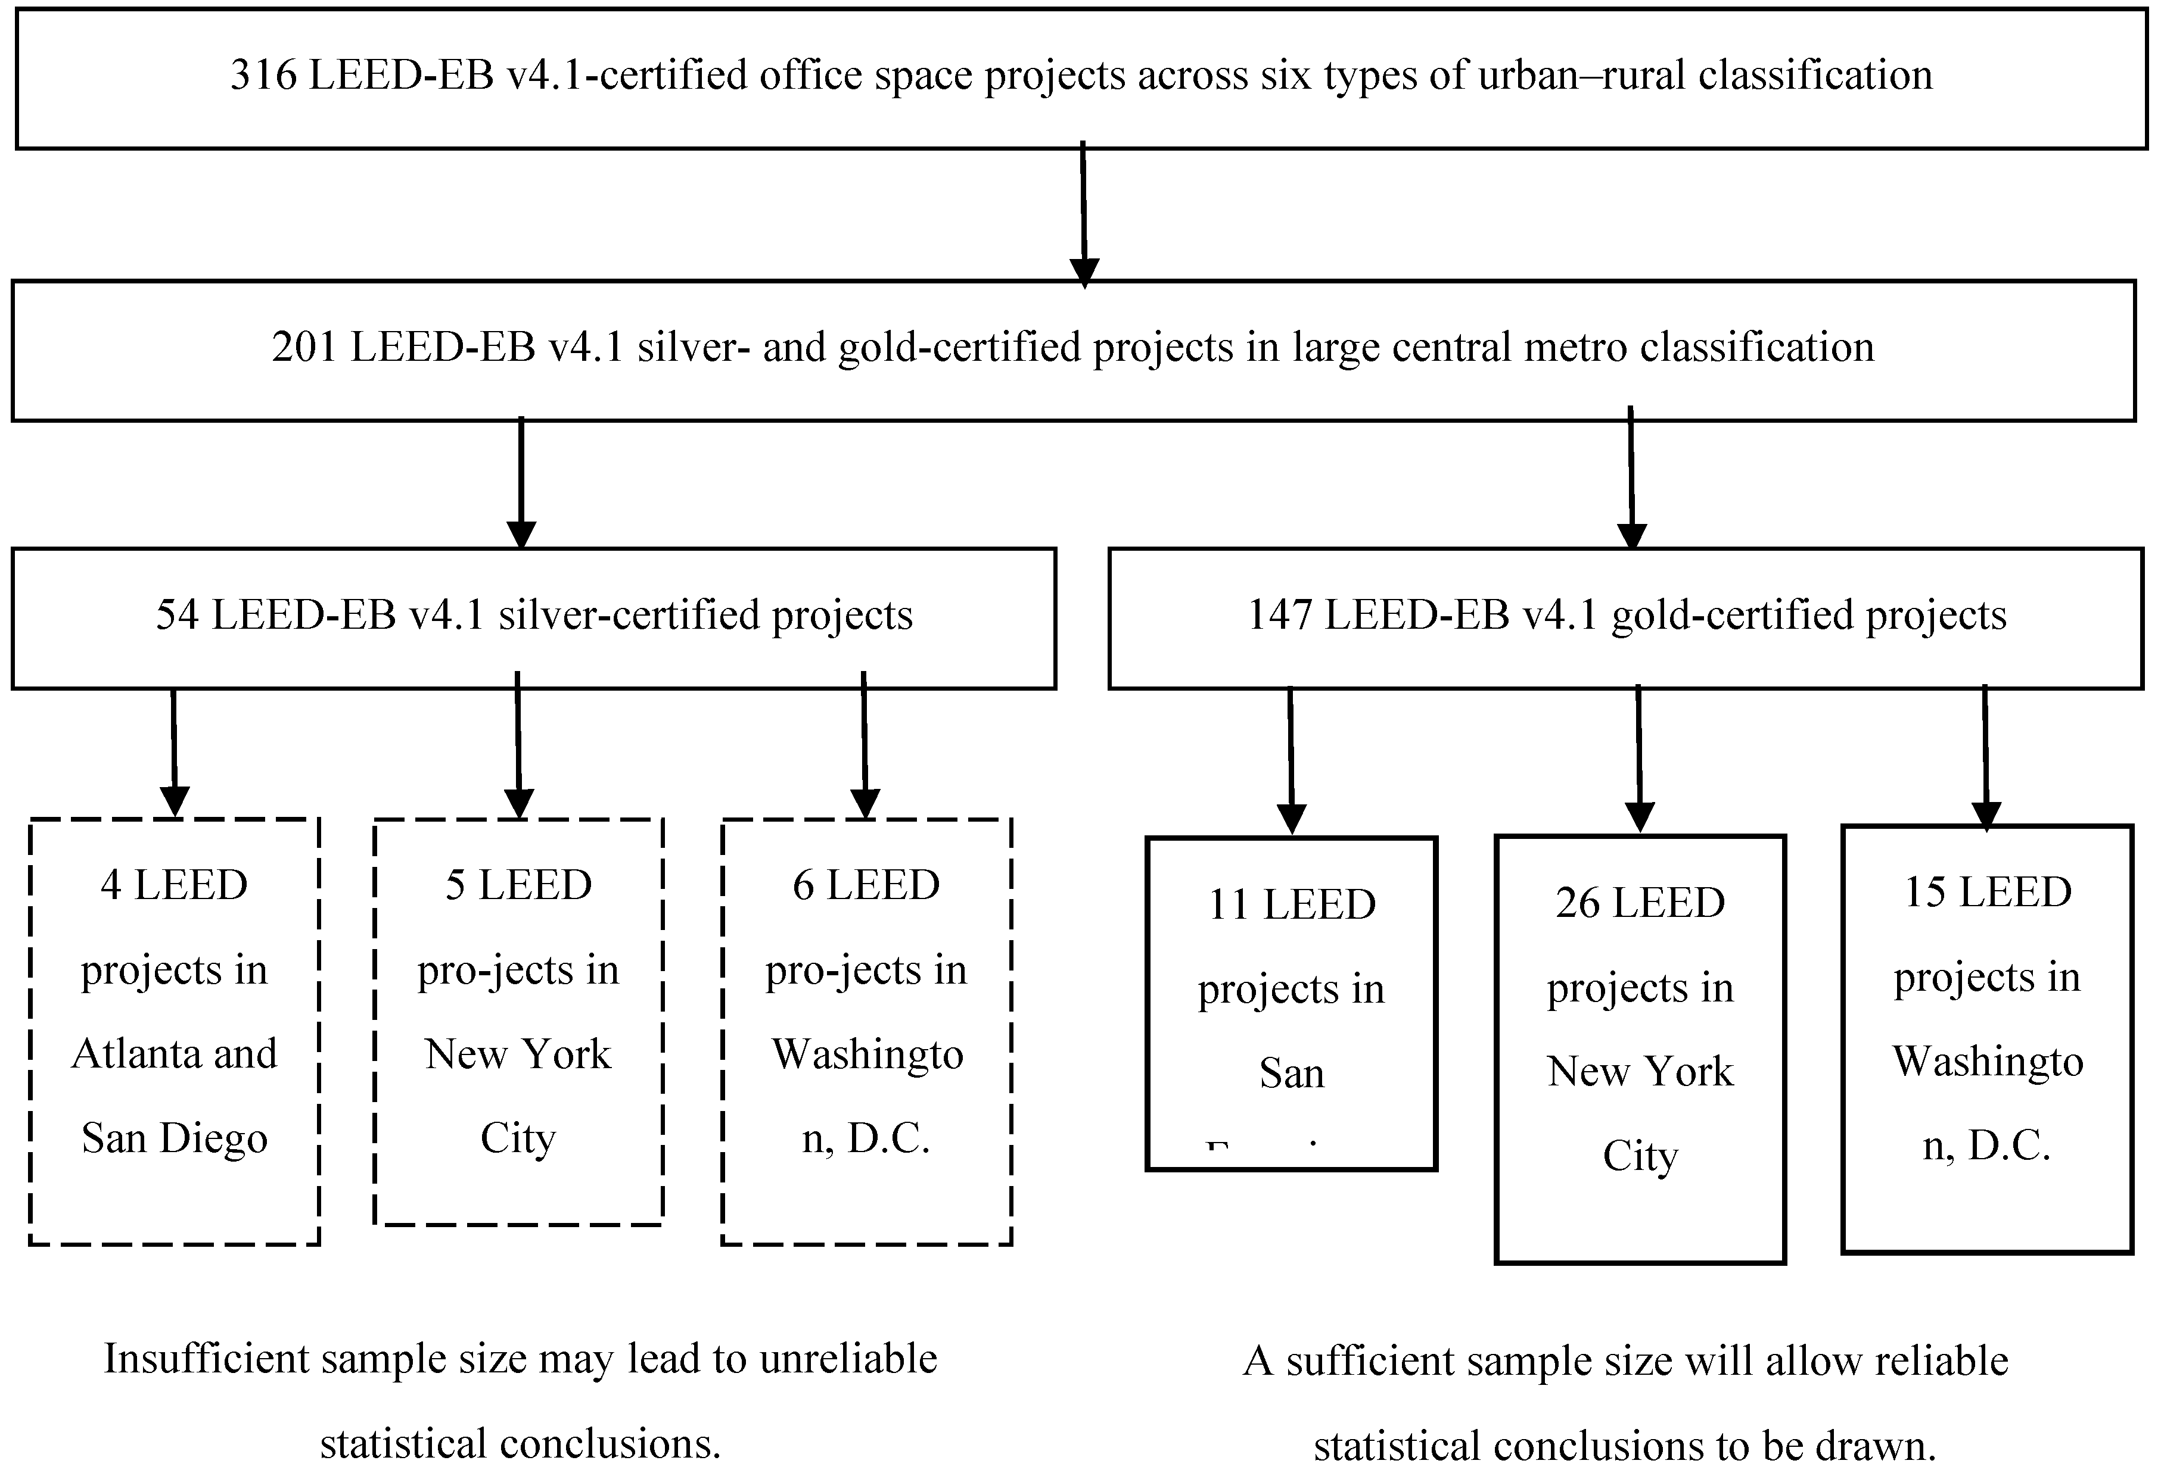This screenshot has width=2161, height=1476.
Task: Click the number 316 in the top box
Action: pyautogui.click(x=263, y=75)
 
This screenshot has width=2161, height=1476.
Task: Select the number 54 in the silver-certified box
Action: pyautogui.click(x=177, y=615)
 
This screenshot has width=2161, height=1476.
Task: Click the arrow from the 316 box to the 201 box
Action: pyautogui.click(x=1083, y=214)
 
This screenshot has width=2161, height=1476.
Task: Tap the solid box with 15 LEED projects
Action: pyautogui.click(x=1987, y=1038)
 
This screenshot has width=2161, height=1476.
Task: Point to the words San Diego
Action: pyautogui.click(x=175, y=1138)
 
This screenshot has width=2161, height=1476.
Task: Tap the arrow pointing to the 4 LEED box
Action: pyautogui.click(x=174, y=753)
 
